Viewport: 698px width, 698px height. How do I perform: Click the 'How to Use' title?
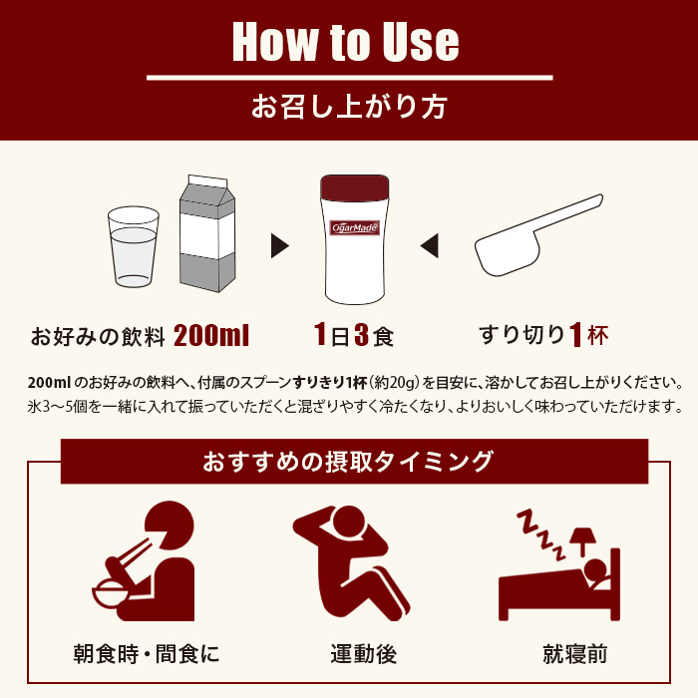click(x=345, y=42)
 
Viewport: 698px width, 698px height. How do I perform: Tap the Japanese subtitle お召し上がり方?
click(x=349, y=107)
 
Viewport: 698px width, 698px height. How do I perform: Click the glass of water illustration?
click(x=134, y=246)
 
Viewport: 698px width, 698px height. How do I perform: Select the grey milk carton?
click(x=207, y=233)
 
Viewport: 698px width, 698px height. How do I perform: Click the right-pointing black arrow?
click(x=280, y=246)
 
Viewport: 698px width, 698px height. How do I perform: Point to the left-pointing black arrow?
click(x=429, y=245)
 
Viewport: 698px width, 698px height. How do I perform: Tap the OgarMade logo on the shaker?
click(x=355, y=228)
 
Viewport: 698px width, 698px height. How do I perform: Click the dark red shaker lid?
click(x=355, y=187)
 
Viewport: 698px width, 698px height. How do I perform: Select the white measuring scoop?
click(x=538, y=235)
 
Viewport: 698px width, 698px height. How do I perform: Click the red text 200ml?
click(x=211, y=335)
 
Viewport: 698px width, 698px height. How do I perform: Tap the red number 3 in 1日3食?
click(x=361, y=335)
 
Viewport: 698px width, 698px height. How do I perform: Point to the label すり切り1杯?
click(x=543, y=335)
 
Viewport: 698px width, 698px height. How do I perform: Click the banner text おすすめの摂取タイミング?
click(x=348, y=461)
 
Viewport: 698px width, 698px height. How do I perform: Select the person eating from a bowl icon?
click(x=144, y=560)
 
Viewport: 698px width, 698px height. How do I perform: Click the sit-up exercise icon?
click(x=352, y=563)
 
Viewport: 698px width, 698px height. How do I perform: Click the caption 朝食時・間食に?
click(x=147, y=654)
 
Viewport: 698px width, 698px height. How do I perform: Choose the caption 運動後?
click(x=363, y=654)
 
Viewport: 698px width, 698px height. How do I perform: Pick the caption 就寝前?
click(x=575, y=654)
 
